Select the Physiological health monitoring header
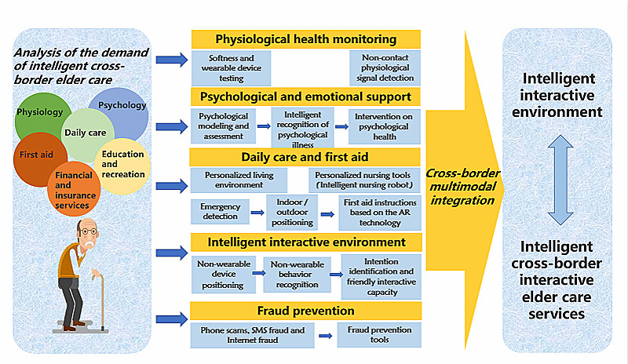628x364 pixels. click(x=306, y=39)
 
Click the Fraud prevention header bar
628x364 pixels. click(x=306, y=308)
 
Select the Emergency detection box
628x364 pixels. click(x=217, y=211)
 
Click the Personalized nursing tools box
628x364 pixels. click(x=365, y=180)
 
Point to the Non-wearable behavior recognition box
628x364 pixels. click(x=297, y=270)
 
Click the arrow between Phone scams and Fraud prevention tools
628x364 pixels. click(x=323, y=335)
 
